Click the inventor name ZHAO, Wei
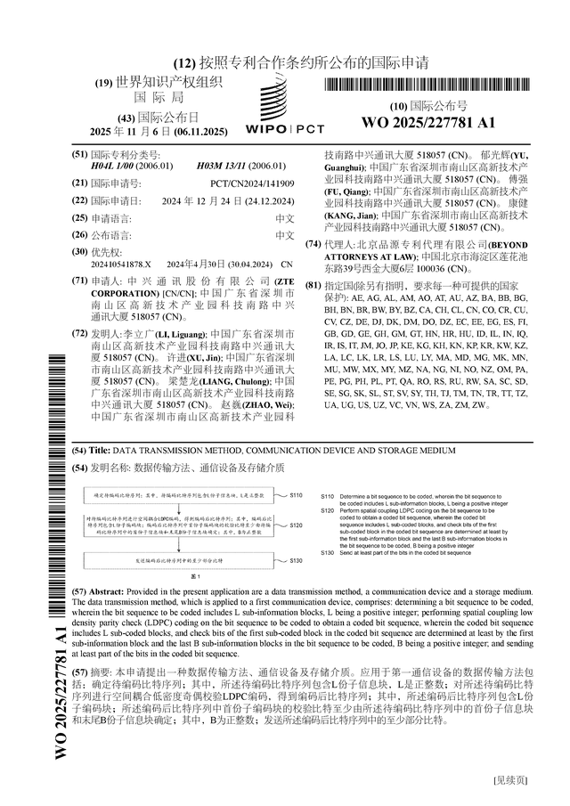(x=275, y=404)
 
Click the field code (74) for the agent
(x=313, y=244)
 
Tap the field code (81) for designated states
(x=313, y=285)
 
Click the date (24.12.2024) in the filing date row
(x=263, y=200)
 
